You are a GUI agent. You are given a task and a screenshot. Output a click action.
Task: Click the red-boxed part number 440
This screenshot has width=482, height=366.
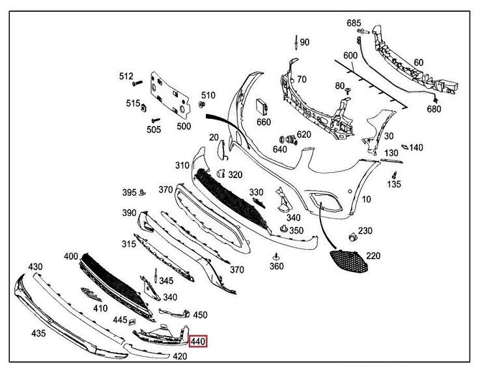(198, 340)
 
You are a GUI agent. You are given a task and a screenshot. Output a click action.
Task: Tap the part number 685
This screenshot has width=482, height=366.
(354, 23)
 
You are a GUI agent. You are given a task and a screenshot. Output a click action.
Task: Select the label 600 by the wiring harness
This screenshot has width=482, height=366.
(350, 55)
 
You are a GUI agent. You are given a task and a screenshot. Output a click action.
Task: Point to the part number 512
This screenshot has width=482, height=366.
(126, 76)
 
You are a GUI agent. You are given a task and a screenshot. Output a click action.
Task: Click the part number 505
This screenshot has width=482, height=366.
(154, 130)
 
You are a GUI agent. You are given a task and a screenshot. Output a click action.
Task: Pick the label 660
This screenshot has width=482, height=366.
(263, 122)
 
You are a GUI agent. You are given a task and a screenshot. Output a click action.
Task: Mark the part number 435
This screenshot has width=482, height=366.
(38, 333)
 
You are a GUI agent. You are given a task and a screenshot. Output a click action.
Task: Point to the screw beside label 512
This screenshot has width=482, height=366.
(137, 83)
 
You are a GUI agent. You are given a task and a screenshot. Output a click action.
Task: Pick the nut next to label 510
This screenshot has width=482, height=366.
(201, 104)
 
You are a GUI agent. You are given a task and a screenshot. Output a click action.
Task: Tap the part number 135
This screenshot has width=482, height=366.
(394, 185)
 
